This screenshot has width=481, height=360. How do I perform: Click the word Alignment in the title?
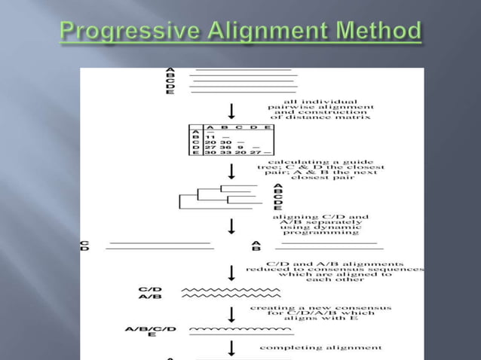[269, 32]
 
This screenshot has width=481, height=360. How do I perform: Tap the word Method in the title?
[378, 32]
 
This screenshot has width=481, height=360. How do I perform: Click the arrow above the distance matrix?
[232, 110]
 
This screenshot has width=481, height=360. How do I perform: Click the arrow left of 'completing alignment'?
[232, 347]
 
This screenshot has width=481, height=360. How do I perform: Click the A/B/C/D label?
[151, 329]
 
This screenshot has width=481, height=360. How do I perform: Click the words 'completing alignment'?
[320, 348]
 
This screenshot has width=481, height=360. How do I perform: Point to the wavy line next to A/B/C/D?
[240, 329]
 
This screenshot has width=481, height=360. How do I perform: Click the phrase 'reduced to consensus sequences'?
[335, 269]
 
